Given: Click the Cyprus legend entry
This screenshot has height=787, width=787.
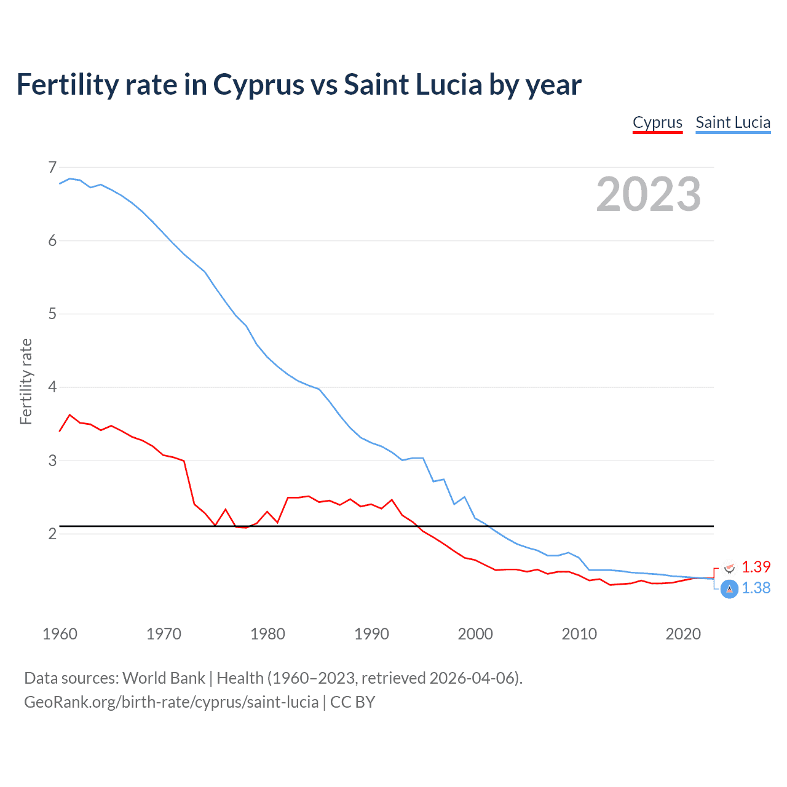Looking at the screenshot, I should click(657, 123).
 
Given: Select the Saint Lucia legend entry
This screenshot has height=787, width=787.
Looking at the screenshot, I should click(733, 123).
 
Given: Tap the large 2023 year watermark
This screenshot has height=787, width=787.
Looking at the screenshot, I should click(648, 194).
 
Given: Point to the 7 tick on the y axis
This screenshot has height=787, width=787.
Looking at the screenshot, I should click(52, 167).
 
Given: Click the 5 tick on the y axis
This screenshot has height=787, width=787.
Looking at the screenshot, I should click(52, 314).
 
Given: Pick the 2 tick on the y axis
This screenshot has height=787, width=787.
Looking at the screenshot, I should click(52, 534).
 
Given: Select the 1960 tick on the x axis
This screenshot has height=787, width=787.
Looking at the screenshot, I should click(60, 634).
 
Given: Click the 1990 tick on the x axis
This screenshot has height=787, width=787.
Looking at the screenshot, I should click(371, 634).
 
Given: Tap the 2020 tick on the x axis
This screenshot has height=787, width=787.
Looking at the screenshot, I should click(683, 634).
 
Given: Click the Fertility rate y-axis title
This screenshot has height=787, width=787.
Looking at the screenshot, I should click(26, 381).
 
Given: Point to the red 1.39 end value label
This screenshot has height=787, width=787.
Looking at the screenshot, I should click(756, 567).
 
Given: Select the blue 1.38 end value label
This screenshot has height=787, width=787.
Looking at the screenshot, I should click(756, 588).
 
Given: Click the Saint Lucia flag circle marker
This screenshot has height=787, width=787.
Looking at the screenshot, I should click(729, 589).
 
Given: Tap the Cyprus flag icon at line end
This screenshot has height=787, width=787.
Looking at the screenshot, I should click(730, 568).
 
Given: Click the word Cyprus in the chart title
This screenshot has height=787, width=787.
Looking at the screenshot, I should click(259, 85).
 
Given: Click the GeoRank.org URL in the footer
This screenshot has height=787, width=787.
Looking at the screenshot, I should click(171, 702).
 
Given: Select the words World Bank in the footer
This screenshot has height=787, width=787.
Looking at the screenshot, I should click(164, 678).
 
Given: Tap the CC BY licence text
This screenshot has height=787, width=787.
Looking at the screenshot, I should click(352, 702).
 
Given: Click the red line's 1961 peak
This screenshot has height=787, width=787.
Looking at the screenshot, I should click(70, 415).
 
